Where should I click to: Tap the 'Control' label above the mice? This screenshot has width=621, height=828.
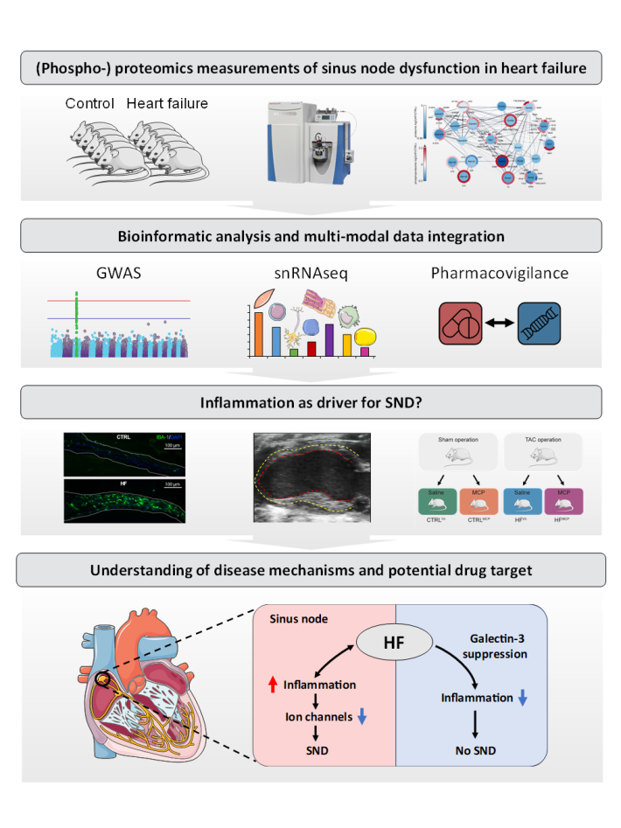coord(90,104)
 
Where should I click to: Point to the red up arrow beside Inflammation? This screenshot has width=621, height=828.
coord(275,684)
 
